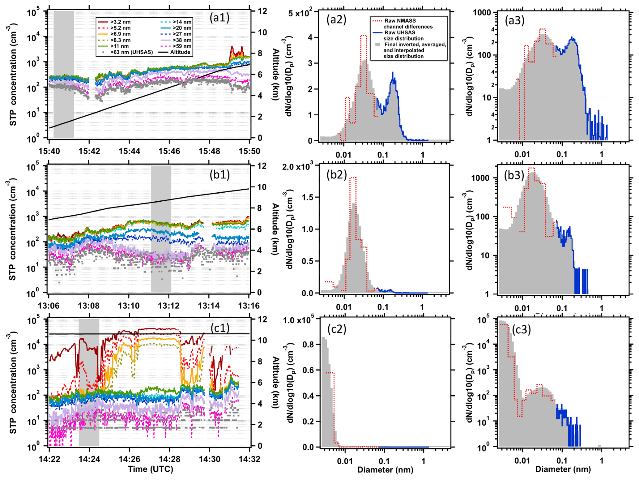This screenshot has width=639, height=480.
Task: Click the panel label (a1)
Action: [219, 18]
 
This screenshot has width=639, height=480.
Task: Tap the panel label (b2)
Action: [337, 175]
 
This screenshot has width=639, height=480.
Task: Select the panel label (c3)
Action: [521, 330]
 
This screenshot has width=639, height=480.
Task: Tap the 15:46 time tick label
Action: [169, 151]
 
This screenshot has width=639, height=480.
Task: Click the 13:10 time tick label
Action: [129, 306]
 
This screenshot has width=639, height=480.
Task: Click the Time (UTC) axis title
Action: [151, 469]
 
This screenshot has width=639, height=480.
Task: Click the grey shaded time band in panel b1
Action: [161, 229]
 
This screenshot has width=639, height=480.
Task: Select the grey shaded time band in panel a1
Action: [64, 74]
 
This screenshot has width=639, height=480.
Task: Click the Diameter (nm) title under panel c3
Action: [563, 469]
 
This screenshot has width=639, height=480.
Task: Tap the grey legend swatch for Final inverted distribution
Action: [377, 45]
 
